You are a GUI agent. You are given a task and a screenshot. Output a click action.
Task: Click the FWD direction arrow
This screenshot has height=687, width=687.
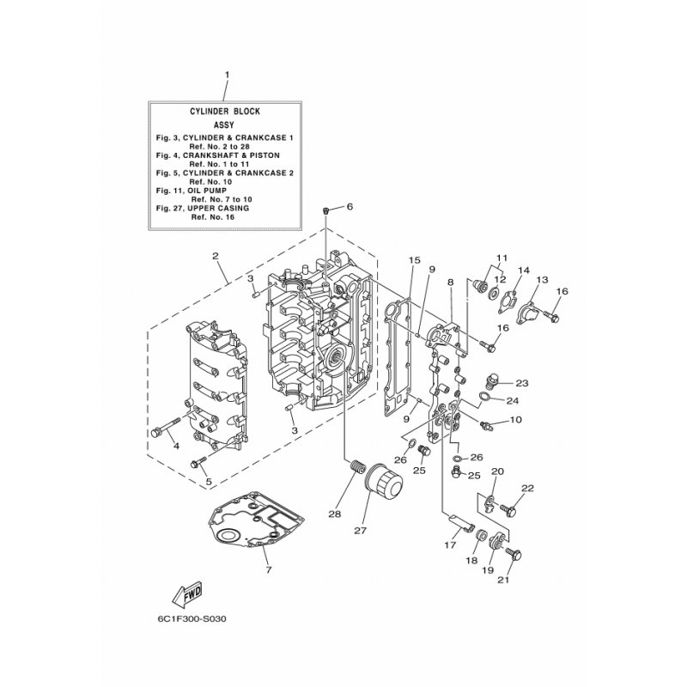[188, 594]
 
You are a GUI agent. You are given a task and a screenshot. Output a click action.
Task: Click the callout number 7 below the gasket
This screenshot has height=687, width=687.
[269, 570]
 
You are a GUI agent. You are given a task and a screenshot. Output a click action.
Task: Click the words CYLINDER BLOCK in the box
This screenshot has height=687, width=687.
[225, 112]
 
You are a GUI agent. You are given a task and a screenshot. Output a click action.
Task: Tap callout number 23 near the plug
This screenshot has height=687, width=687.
[522, 383]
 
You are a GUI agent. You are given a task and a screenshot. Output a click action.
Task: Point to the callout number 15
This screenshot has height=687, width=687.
[414, 260]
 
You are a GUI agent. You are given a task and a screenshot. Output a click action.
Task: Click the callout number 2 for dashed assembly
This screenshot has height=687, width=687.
[216, 255]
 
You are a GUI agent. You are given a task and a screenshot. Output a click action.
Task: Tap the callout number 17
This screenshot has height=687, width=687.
[450, 545]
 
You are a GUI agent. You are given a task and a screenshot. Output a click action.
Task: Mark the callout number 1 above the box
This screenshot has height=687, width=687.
[227, 75]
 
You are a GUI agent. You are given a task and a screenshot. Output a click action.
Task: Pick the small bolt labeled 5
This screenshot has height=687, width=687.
[198, 462]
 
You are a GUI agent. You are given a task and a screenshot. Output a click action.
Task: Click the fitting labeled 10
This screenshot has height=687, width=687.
[486, 424]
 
